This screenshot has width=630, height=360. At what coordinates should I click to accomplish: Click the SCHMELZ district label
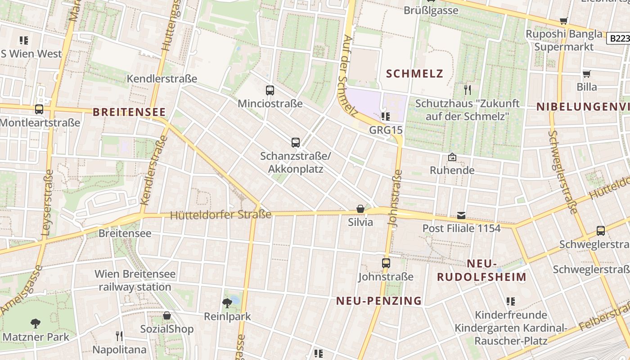pyautogui.click(x=414, y=73)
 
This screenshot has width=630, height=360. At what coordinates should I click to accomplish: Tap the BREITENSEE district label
pyautogui.click(x=129, y=112)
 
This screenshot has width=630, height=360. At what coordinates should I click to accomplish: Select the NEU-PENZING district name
pyautogui.click(x=379, y=301)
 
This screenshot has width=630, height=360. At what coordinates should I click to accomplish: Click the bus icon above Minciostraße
pyautogui.click(x=270, y=90)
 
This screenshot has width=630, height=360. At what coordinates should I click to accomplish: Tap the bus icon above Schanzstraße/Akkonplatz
pyautogui.click(x=296, y=143)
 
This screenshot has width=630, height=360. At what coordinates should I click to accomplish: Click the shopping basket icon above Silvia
pyautogui.click(x=360, y=209)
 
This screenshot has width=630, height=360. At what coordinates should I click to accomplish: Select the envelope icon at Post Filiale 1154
pyautogui.click(x=461, y=215)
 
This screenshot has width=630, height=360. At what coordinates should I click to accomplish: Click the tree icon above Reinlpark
pyautogui.click(x=227, y=303)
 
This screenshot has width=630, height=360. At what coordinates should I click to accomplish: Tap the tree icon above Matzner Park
pyautogui.click(x=36, y=323)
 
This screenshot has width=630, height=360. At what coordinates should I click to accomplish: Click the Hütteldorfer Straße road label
pyautogui.click(x=220, y=215)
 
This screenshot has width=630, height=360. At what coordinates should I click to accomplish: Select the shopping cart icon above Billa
pyautogui.click(x=587, y=74)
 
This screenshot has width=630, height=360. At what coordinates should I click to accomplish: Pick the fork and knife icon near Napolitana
pyautogui.click(x=119, y=336)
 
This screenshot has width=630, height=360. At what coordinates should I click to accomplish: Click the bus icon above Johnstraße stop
pyautogui.click(x=386, y=263)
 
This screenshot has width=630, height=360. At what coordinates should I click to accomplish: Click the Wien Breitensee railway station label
pyautogui.click(x=135, y=280)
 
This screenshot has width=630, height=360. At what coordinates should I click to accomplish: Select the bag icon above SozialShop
pyautogui.click(x=167, y=315)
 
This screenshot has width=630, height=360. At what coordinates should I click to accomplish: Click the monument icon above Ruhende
pyautogui.click(x=452, y=157)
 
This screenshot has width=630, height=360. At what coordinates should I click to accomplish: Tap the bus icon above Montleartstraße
pyautogui.click(x=39, y=109)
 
